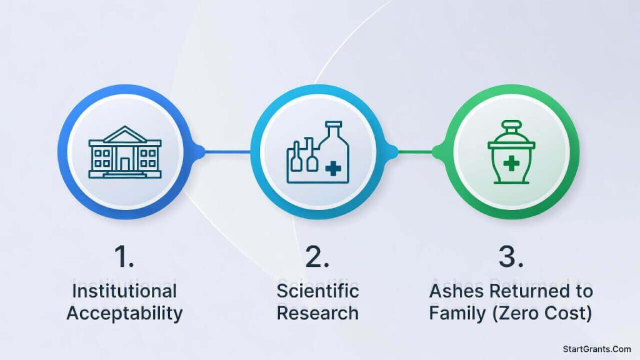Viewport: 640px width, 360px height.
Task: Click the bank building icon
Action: click(x=125, y=152)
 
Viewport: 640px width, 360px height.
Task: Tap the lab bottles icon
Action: click(x=318, y=152)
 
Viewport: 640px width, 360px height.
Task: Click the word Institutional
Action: click(x=124, y=291)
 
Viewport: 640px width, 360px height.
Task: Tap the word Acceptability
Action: click(x=124, y=312)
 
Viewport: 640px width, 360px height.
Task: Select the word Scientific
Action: click(x=318, y=291)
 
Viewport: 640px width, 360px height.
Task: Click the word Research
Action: click(x=318, y=312)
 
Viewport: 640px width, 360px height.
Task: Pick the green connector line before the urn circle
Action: click(x=417, y=151)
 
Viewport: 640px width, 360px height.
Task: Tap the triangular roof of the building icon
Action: click(x=125, y=133)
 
